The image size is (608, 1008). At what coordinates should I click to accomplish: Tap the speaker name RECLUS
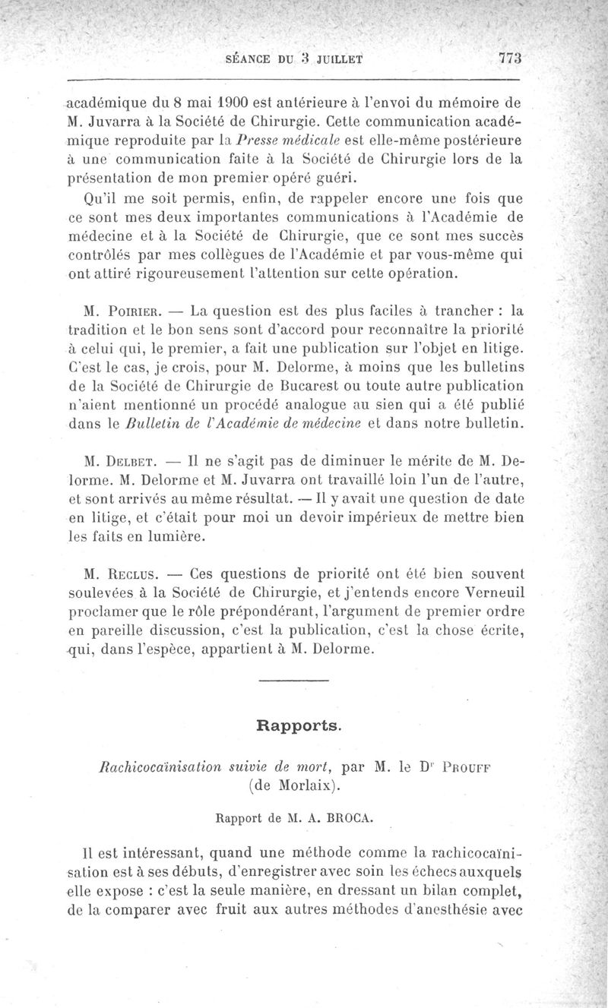click(135, 571)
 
